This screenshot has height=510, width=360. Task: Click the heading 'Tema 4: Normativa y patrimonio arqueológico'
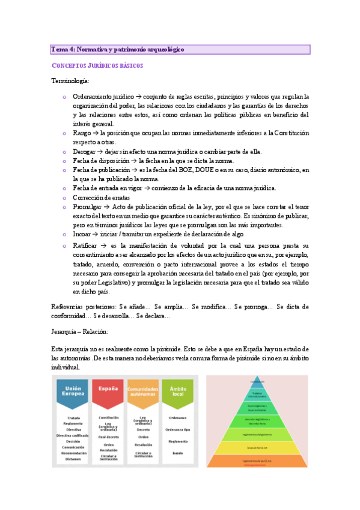click(118, 49)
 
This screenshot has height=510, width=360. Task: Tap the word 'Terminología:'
click(70, 81)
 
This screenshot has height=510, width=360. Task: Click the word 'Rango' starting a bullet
click(82, 133)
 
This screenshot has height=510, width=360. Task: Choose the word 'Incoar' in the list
click(83, 234)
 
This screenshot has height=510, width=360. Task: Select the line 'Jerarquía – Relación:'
click(81, 331)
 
